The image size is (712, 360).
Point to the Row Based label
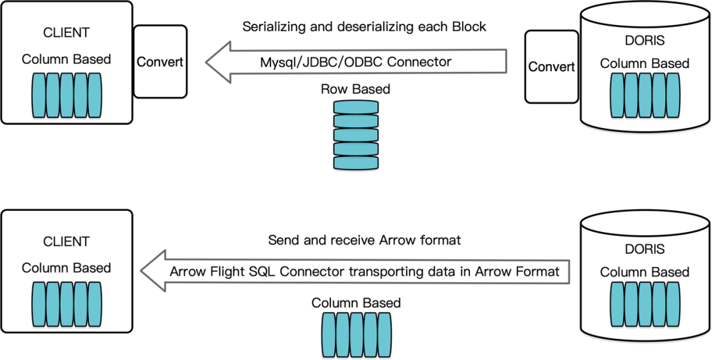click(355, 89)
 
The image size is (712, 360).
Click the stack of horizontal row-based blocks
click(355, 135)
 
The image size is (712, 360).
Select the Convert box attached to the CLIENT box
click(160, 62)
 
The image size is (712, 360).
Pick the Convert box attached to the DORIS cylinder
click(552, 67)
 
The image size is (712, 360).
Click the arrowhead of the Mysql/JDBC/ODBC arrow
click(206, 62)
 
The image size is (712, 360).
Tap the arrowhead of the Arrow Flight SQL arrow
click(142, 271)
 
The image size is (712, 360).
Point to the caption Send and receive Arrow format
click(365, 240)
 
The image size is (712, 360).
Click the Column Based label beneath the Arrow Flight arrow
click(357, 303)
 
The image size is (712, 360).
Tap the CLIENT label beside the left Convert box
click(67, 33)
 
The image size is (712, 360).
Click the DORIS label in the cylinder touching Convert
click(644, 40)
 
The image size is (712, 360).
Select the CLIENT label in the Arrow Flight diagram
click(67, 241)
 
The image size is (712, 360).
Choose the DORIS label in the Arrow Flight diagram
click(644, 249)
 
